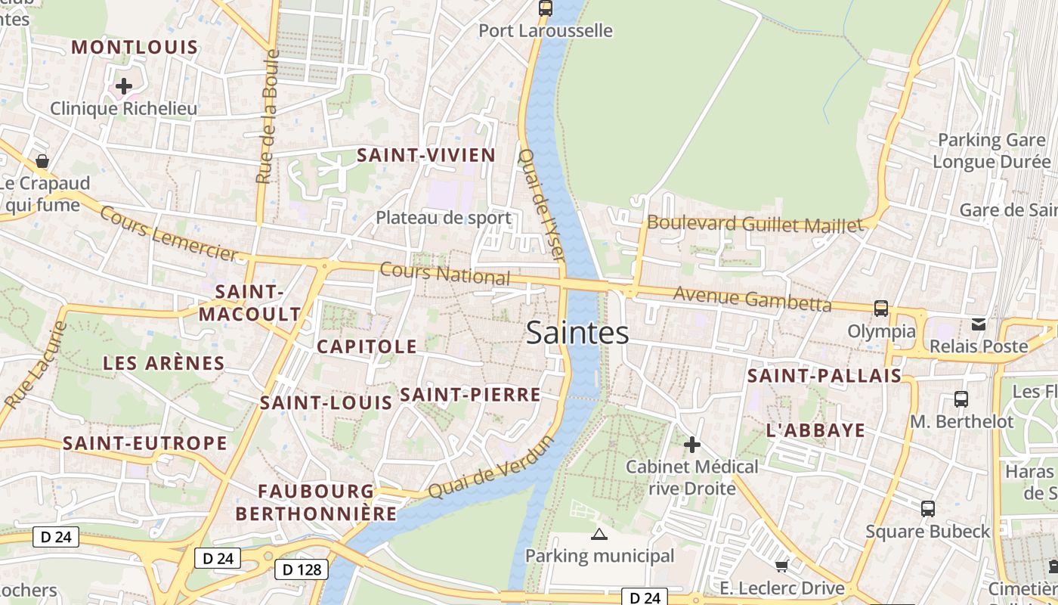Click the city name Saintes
point(577,333)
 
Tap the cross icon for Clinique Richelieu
point(124,86)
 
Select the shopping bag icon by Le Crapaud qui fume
point(42,161)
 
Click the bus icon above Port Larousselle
point(545,8)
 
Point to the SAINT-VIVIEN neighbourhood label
point(426,156)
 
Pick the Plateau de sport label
point(444,218)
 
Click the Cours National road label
point(445,274)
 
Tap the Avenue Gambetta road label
point(752,299)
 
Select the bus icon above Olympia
point(881,308)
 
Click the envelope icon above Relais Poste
point(979,324)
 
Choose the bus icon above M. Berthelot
point(961,399)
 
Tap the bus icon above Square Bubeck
point(928,509)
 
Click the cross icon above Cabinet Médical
point(691,445)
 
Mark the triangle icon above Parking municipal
point(599,535)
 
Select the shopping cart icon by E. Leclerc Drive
point(782,566)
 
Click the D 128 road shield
point(301,569)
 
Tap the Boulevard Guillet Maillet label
point(754,224)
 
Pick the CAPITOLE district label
point(367,346)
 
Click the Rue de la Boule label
point(267,116)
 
